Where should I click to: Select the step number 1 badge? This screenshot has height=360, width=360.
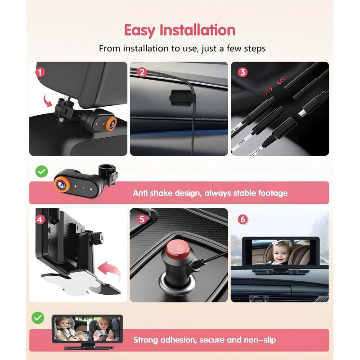tap(41, 72)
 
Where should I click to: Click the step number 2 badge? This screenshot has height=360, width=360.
tap(142, 72)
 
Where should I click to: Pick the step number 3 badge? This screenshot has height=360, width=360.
tap(243, 72)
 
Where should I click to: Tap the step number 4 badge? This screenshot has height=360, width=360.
tap(41, 220)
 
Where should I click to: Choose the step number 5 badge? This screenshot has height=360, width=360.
tap(142, 220)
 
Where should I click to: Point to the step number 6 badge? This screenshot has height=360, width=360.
tap(243, 220)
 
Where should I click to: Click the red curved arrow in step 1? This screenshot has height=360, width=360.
tap(47, 101)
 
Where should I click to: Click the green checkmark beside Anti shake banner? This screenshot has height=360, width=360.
tap(41, 171)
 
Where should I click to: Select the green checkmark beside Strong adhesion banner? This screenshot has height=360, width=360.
tap(38, 318)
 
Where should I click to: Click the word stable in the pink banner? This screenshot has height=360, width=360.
tap(245, 193)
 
